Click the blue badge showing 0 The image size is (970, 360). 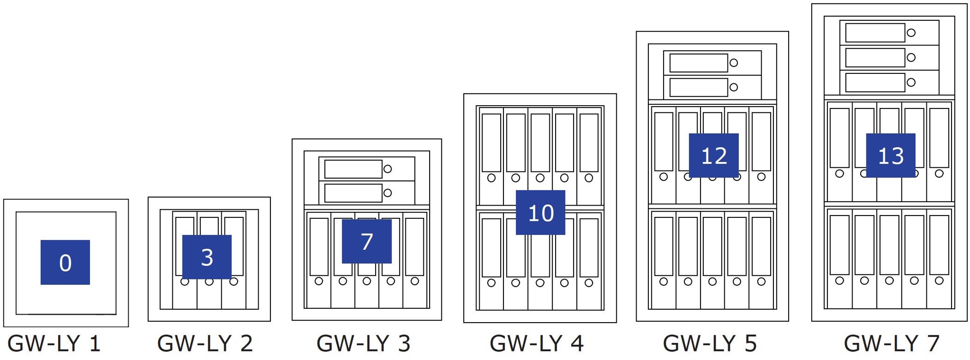[x=65, y=262]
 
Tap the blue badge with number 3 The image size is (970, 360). [x=207, y=257]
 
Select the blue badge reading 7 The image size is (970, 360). [x=367, y=241]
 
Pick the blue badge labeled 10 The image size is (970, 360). [x=540, y=212]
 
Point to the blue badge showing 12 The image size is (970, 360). [x=714, y=155]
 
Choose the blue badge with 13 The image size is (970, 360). [x=890, y=155]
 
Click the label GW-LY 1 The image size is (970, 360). [x=54, y=343]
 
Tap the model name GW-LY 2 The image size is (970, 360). [x=205, y=343]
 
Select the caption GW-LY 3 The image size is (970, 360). [x=363, y=343]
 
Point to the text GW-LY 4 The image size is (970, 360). [x=537, y=343]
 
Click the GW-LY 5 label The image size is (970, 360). [x=710, y=343]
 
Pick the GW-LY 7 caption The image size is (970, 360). [x=891, y=343]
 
